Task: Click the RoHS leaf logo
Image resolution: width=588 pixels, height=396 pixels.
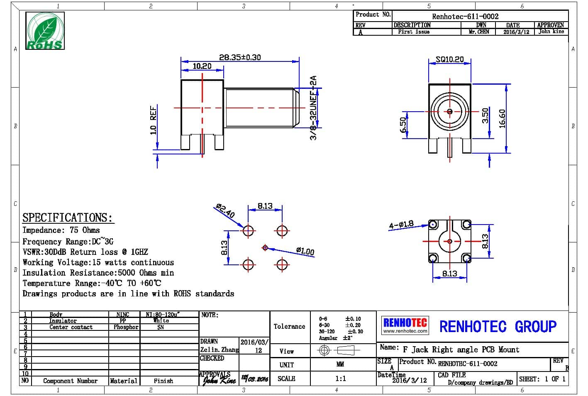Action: (45, 31)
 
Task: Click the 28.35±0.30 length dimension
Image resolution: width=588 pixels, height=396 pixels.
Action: (240, 57)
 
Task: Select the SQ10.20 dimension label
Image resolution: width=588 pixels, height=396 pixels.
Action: (449, 59)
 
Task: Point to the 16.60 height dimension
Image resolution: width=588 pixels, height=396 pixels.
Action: (502, 118)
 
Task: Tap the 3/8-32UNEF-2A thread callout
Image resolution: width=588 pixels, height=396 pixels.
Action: (314, 108)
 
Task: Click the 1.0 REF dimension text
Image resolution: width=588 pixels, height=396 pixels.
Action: (154, 120)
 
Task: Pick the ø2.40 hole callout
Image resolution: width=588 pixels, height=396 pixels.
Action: (225, 211)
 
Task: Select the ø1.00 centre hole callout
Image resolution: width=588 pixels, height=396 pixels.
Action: (305, 251)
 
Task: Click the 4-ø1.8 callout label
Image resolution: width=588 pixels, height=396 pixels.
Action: (401, 225)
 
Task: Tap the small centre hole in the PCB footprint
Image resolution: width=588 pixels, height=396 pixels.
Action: (265, 248)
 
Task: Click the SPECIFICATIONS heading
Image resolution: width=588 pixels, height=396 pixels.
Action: (67, 218)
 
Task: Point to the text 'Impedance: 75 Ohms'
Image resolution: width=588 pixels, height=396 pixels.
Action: (61, 230)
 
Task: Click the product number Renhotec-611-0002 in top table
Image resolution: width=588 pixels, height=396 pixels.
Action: (465, 16)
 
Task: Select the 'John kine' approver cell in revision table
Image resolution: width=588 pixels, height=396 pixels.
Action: (551, 32)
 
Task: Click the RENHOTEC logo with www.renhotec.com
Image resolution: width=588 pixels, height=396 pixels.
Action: (405, 325)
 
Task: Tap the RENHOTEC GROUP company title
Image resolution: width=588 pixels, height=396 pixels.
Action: (498, 326)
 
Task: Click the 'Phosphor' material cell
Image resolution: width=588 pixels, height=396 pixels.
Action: (126, 327)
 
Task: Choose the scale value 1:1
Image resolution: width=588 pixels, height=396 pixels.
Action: (340, 379)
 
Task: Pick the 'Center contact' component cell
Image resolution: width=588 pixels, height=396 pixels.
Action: (71, 327)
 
